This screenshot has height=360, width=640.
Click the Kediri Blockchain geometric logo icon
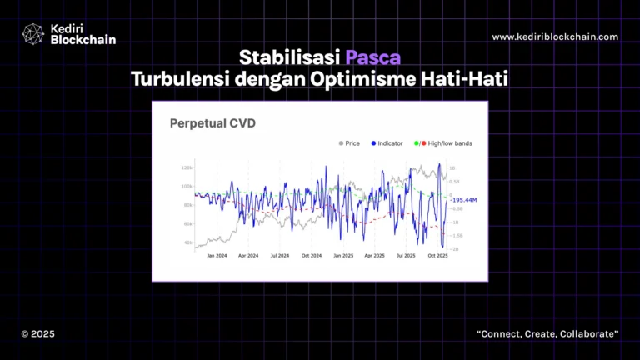click(32, 34)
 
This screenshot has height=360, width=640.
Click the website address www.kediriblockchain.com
click(555, 37)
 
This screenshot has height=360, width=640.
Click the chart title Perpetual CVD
click(212, 124)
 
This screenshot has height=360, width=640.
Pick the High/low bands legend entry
click(450, 143)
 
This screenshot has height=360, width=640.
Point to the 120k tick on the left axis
click(187, 168)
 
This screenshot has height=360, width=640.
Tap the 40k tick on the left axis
click(187, 243)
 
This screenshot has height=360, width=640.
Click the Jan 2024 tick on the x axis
click(217, 256)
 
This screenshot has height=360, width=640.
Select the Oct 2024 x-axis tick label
click(312, 256)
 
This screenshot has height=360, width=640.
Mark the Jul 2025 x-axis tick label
click(407, 256)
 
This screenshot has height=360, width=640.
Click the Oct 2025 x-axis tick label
click(438, 256)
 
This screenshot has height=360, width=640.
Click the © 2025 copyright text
click(38, 334)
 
